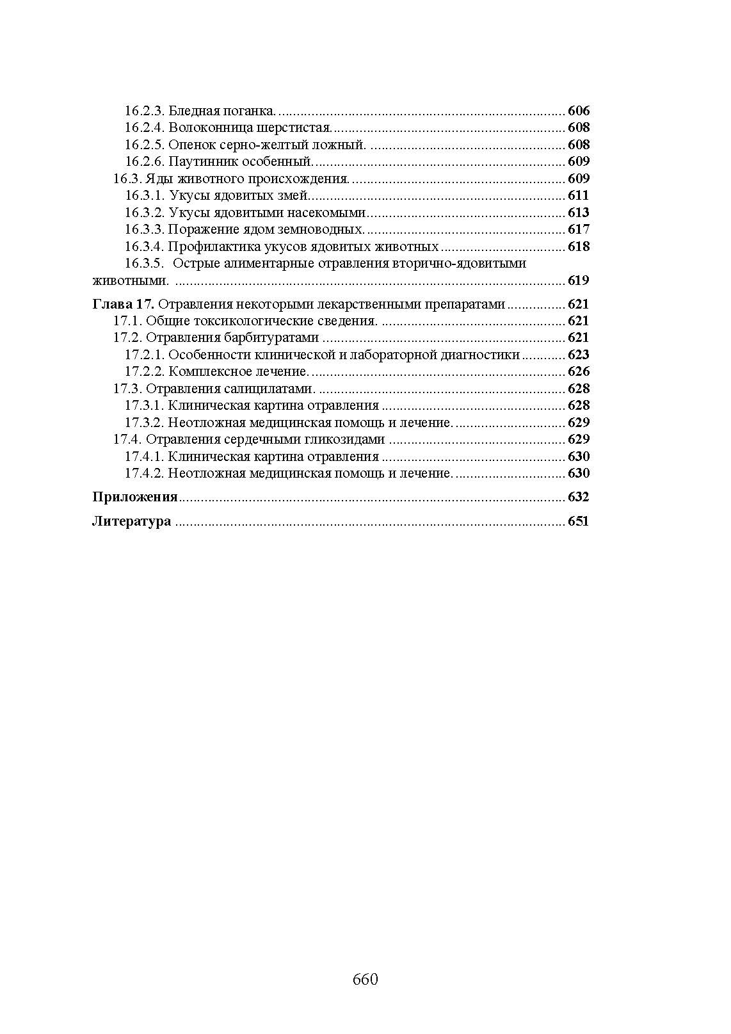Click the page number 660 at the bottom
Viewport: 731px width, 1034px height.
[365, 980]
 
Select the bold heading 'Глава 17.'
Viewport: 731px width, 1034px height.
[123, 304]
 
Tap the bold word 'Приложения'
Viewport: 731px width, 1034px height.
[135, 497]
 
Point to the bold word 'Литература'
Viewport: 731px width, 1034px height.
[132, 521]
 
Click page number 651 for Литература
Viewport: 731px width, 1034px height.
[578, 521]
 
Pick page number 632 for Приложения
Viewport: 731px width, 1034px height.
[578, 497]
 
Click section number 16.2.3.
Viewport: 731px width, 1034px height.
[145, 111]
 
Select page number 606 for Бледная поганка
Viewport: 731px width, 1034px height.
[579, 111]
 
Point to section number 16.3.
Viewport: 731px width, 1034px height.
[127, 179]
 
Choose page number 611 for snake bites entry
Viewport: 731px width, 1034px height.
[579, 195]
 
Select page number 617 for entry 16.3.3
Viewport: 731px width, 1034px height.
[579, 229]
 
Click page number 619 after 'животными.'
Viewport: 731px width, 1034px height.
[579, 280]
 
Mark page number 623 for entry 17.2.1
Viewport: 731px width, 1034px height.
[579, 355]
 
